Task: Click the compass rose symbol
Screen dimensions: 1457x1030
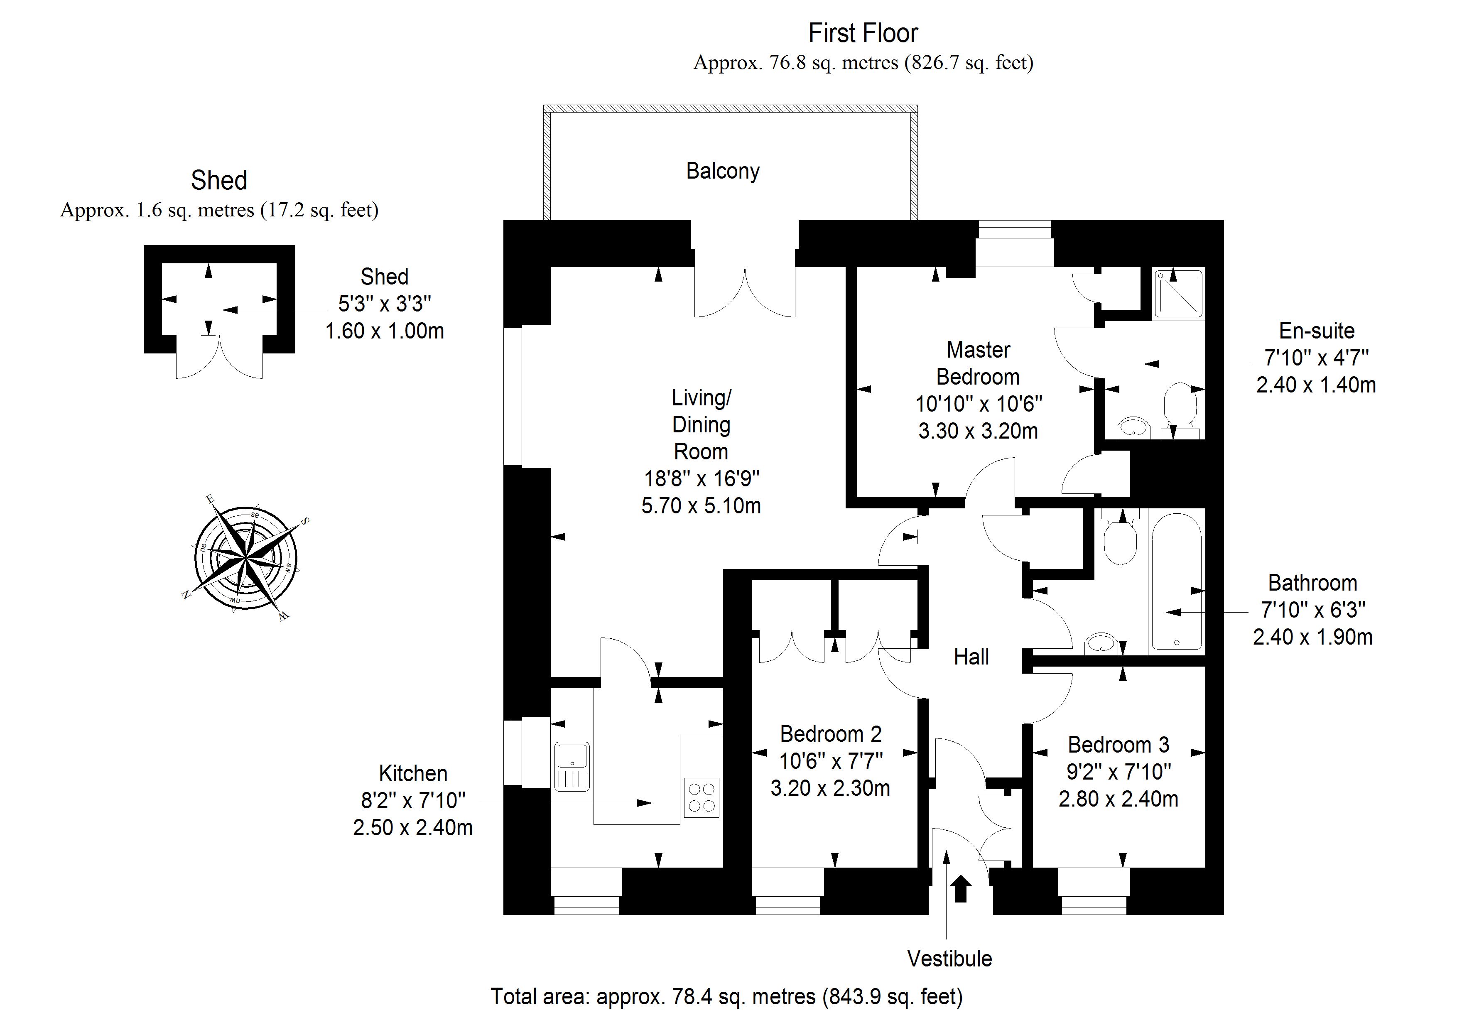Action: (x=245, y=559)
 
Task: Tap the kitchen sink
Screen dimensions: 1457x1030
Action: (x=572, y=767)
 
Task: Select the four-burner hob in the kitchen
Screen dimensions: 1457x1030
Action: (x=701, y=798)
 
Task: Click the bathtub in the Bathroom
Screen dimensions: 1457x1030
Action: (x=1177, y=582)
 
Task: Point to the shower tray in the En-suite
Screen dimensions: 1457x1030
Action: (x=1178, y=293)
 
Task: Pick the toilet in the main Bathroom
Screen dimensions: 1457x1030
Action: (x=1120, y=541)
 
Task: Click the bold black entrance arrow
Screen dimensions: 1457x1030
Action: (x=962, y=888)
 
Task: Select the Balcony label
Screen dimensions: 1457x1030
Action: (x=723, y=172)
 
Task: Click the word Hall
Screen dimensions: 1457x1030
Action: (x=971, y=657)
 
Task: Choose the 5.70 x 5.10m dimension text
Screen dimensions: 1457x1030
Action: (x=701, y=506)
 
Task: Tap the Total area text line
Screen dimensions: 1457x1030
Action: (x=726, y=996)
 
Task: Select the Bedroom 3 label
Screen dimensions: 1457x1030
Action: (x=1118, y=744)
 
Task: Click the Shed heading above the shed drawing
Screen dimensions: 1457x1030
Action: (x=219, y=181)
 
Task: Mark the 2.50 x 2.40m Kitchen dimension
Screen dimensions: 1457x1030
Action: (x=412, y=828)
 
